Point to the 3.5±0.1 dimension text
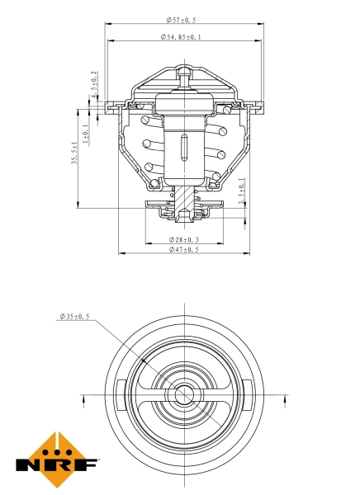[241, 192]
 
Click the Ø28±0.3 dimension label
[183, 239]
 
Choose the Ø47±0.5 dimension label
[183, 249]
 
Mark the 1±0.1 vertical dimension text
[87, 133]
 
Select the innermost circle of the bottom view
[183, 394]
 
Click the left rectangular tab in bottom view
[121, 394]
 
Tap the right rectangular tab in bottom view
[246, 394]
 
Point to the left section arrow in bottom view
[85, 401]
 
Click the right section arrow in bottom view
[283, 401]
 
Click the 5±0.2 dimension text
[94, 82]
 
